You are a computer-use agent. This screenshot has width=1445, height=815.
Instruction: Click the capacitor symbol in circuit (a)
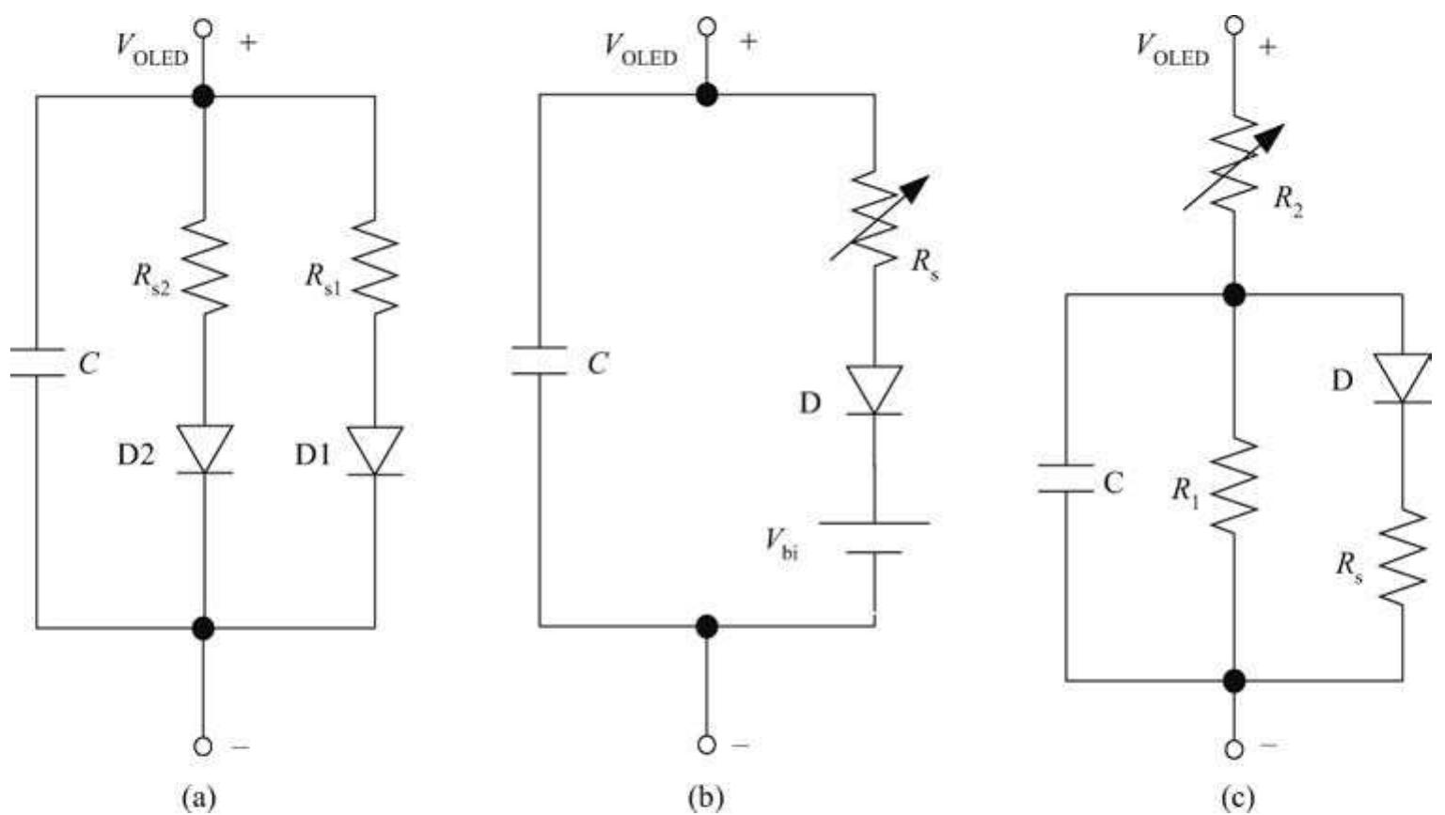point(38,362)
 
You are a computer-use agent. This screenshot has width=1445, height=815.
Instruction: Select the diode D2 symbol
point(204,449)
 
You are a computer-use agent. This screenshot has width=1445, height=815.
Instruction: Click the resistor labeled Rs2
point(204,267)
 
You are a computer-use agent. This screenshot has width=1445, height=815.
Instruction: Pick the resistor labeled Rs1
point(375,267)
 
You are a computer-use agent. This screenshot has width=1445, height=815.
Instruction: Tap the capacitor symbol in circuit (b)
point(540,361)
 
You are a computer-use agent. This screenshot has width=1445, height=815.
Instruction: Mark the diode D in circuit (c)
point(1402,378)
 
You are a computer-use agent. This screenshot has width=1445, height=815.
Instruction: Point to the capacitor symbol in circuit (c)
point(1066,478)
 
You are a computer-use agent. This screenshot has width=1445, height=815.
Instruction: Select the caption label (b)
point(705,797)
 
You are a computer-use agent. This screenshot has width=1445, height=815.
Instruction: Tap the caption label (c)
point(1236,797)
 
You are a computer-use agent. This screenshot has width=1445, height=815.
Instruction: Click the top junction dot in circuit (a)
point(203,96)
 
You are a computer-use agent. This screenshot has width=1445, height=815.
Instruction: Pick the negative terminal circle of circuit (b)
point(707,744)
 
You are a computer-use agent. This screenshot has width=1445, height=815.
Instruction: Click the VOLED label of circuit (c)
point(1171,50)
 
